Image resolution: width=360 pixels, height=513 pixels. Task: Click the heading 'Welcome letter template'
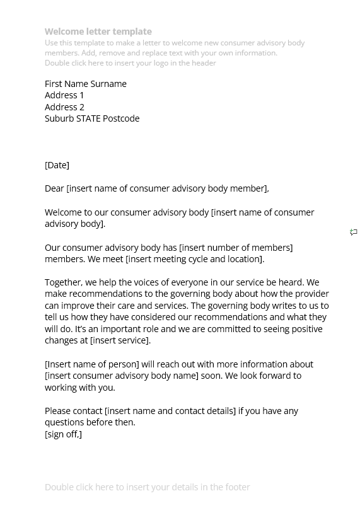click(x=98, y=32)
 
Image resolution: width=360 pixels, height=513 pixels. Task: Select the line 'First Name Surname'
click(x=86, y=84)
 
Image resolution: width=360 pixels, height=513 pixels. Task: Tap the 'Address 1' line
click(x=64, y=95)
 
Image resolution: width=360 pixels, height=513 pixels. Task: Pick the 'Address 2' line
click(x=64, y=107)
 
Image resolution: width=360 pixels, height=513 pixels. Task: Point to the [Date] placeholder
click(x=57, y=165)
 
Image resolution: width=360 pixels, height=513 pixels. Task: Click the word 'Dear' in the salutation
click(x=54, y=188)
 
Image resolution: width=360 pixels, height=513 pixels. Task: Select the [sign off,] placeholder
click(x=63, y=434)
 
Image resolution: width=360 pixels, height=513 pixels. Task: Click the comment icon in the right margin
click(x=354, y=233)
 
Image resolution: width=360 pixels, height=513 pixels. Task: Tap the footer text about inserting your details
click(x=147, y=487)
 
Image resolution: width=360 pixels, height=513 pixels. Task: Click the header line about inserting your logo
click(x=130, y=63)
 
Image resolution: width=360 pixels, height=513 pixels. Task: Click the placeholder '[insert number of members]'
click(x=236, y=248)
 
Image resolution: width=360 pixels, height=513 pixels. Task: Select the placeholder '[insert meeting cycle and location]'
click(x=195, y=259)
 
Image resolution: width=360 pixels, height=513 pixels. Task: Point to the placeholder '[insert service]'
click(x=120, y=340)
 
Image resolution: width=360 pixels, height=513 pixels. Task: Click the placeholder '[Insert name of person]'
click(x=91, y=364)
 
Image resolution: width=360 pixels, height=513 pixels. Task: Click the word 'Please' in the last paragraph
click(x=58, y=411)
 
